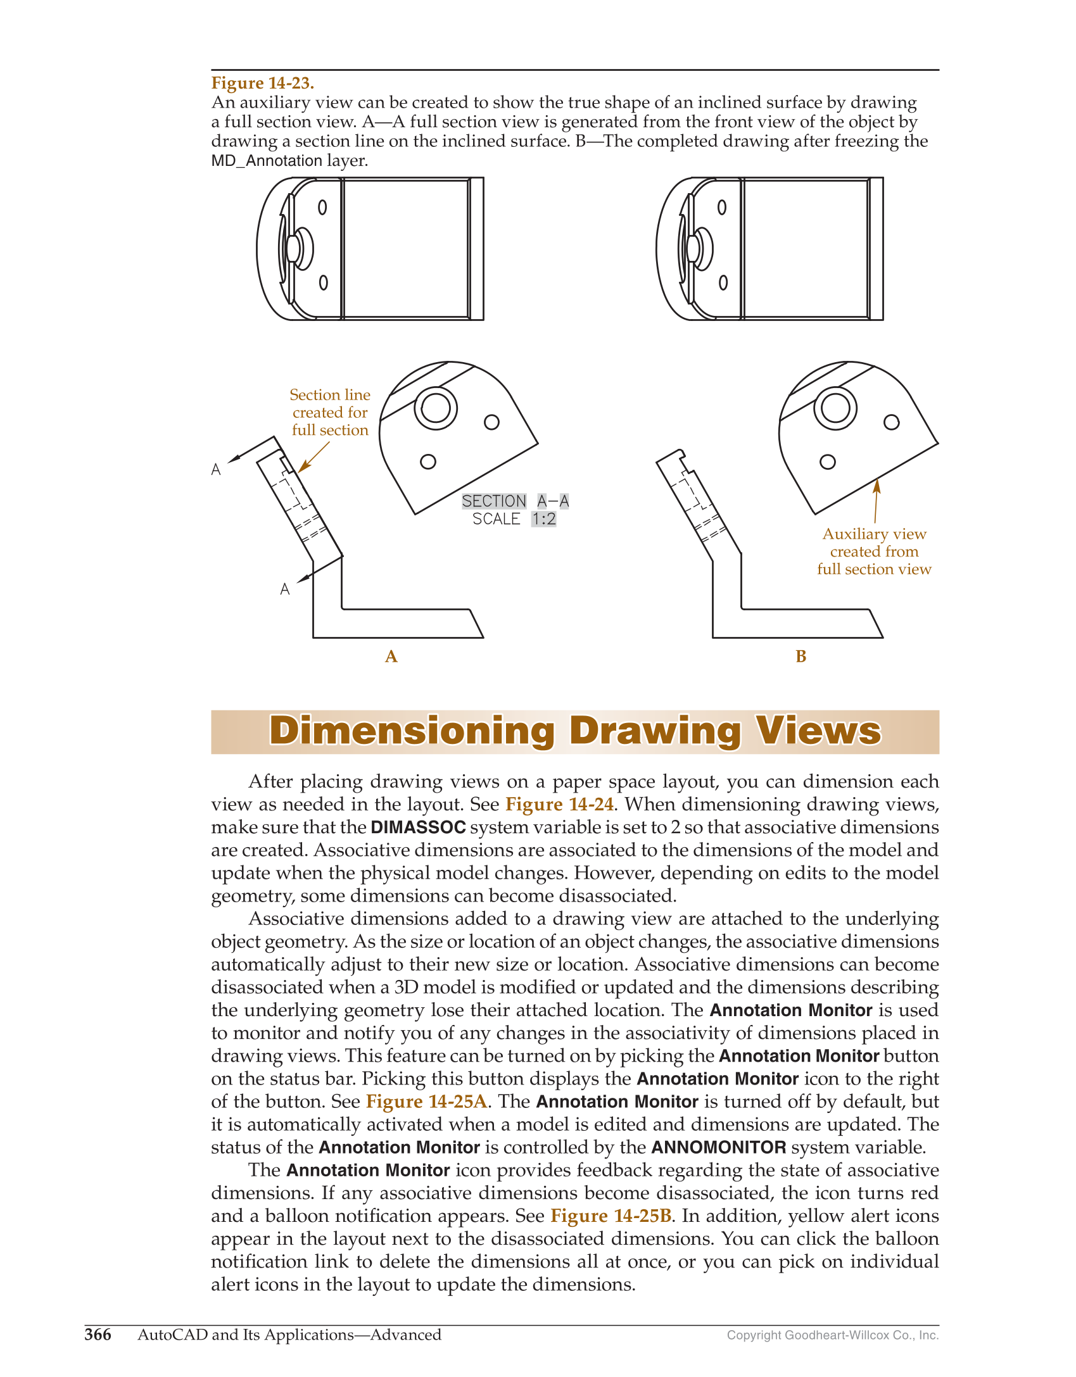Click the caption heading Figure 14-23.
(x=262, y=83)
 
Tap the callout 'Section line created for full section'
(x=330, y=412)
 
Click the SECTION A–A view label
(x=515, y=501)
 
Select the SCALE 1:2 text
(x=514, y=519)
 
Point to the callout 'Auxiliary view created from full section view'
(x=874, y=551)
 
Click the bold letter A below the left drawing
(x=391, y=657)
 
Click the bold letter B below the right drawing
(x=801, y=657)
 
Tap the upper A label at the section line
(x=216, y=470)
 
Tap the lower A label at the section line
(x=285, y=589)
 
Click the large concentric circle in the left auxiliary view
(x=436, y=408)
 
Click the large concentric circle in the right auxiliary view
(x=835, y=408)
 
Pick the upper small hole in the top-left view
(x=322, y=208)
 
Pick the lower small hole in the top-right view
(x=723, y=282)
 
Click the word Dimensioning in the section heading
(x=412, y=731)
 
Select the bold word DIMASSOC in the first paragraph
(x=418, y=827)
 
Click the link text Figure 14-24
(x=559, y=804)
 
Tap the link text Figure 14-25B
(x=611, y=1216)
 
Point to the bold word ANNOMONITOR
(x=719, y=1148)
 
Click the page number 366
(x=98, y=1335)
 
